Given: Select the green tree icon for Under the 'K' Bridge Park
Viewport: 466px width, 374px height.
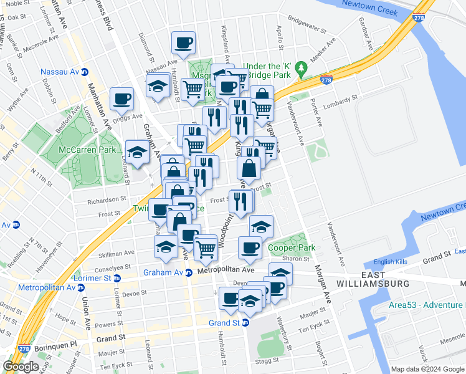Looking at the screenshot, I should (302, 67).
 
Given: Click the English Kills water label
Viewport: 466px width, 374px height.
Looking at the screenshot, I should (392, 262).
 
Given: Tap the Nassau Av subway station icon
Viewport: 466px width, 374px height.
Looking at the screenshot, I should (85, 72).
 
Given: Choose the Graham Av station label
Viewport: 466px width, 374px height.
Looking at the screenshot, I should (163, 272).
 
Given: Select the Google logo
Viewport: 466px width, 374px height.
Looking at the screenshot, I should (21, 367).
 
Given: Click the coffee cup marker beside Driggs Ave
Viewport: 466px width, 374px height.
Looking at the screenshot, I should (121, 99).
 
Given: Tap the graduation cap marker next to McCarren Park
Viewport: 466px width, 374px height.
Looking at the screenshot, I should (137, 152).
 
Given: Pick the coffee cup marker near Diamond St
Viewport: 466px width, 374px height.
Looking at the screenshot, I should (183, 44).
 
